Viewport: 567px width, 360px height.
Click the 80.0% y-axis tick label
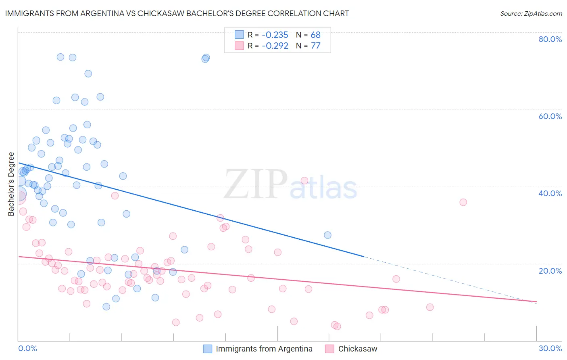click(550, 39)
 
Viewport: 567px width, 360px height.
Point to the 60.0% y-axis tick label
click(550, 116)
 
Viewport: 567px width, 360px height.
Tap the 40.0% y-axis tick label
click(550, 193)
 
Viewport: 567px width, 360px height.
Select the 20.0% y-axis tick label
click(550, 271)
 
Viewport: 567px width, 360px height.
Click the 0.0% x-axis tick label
click(27, 348)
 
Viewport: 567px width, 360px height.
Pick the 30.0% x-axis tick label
click(550, 348)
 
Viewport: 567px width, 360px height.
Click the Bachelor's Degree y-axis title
click(11, 184)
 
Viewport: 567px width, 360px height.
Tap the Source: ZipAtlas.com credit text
click(531, 13)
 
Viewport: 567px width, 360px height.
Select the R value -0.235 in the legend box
click(275, 35)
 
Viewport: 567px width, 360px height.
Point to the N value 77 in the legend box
click(315, 46)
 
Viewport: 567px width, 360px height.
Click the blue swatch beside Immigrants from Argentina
click(208, 349)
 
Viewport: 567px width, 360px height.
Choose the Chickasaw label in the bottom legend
click(358, 349)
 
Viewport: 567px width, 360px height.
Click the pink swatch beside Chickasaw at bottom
click(330, 349)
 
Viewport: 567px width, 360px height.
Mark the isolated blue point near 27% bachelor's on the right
click(327, 235)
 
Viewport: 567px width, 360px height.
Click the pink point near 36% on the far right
click(463, 202)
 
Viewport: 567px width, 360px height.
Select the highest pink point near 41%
click(304, 180)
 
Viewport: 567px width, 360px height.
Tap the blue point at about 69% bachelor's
click(88, 73)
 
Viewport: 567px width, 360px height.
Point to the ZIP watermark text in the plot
click(255, 184)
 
